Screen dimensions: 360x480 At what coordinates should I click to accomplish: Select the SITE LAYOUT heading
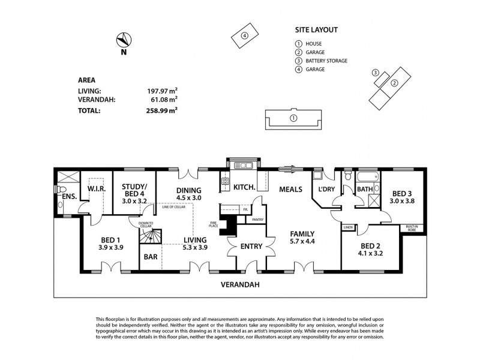point(316,29)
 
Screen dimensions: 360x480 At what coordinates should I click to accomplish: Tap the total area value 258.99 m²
point(163,110)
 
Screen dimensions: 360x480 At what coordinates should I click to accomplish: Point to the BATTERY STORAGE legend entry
point(327,61)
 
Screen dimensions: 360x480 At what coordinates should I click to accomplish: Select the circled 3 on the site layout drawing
point(376,73)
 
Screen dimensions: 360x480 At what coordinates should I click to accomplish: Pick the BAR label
point(149,257)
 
